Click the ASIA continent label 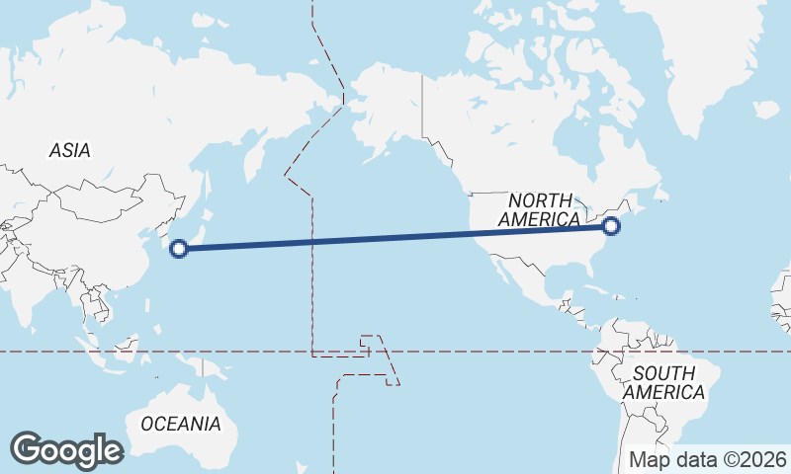69,151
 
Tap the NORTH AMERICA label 540,210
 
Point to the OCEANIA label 180,424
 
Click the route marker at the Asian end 179,249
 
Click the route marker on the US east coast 611,226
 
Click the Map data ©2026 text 708,459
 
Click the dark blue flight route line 395,238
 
